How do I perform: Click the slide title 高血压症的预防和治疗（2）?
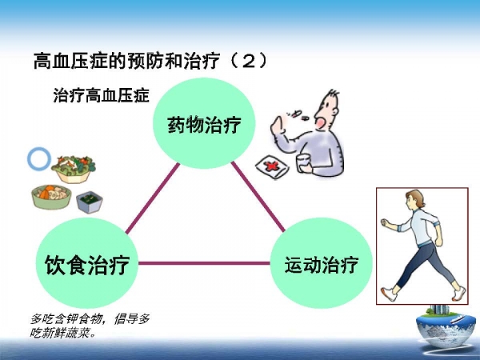pyautogui.click(x=150, y=61)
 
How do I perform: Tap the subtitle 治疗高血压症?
pyautogui.click(x=102, y=95)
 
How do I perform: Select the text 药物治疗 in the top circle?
pyautogui.click(x=204, y=125)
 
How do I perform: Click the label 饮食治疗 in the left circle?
pyautogui.click(x=87, y=265)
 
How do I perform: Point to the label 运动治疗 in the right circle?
pyautogui.click(x=322, y=265)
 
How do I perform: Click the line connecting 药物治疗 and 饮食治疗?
pyautogui.click(x=153, y=198)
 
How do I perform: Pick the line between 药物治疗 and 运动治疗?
pyautogui.click(x=258, y=197)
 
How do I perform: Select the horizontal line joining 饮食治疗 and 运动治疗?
pyautogui.click(x=204, y=263)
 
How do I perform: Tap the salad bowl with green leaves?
pyautogui.click(x=74, y=170)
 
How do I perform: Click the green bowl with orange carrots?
pyautogui.click(x=51, y=197)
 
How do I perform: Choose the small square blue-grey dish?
pyautogui.click(x=90, y=202)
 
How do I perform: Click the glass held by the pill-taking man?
pyautogui.click(x=304, y=163)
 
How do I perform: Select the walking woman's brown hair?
pyautogui.click(x=417, y=197)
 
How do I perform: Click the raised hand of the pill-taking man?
pyautogui.click(x=278, y=125)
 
